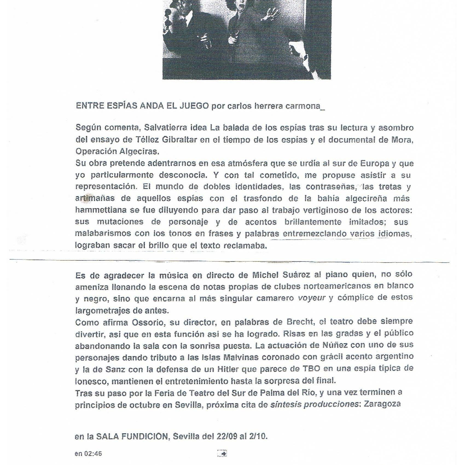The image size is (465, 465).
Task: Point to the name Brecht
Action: [300, 322]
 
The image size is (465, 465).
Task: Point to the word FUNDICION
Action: [144, 437]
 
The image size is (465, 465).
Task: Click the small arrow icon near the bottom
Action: [222, 454]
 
